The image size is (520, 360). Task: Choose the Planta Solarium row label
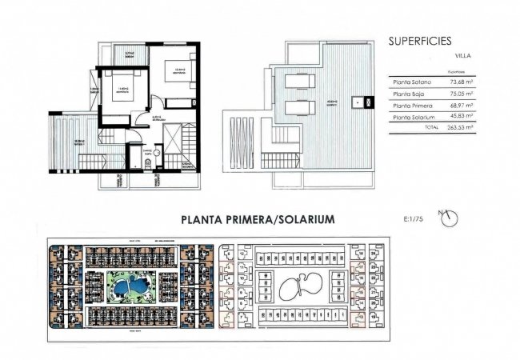[414, 117]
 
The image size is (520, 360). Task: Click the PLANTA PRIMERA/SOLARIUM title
[258, 218]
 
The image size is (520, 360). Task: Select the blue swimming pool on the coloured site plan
[125, 285]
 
